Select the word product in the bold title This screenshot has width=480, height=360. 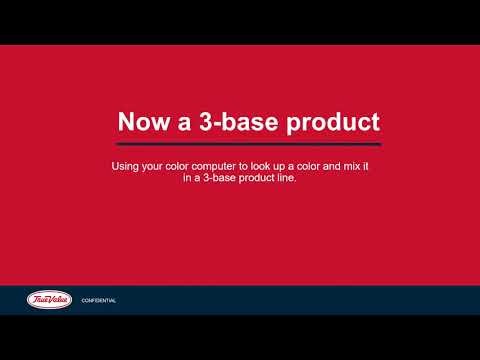[329, 123]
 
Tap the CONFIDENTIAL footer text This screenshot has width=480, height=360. [99, 300]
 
